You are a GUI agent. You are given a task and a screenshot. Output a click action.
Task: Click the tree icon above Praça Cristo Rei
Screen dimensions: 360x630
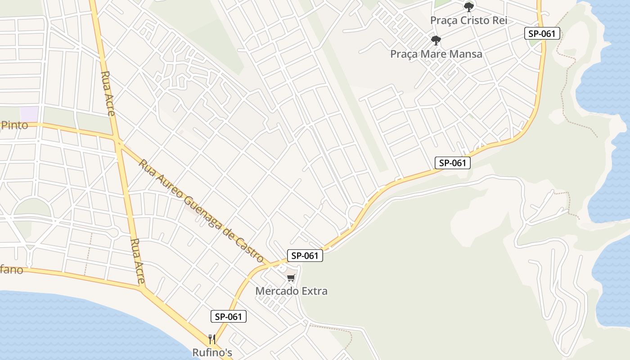(469, 7)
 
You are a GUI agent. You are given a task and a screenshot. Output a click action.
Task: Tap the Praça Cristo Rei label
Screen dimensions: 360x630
(468, 21)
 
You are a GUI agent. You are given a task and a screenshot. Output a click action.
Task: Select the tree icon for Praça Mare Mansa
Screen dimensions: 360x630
(436, 40)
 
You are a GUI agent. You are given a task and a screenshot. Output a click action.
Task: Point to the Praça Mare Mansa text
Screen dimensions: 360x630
(436, 54)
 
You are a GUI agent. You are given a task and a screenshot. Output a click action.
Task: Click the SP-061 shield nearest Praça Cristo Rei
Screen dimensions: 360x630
(542, 33)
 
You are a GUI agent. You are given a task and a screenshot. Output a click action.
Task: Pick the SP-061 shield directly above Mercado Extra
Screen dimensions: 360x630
(305, 256)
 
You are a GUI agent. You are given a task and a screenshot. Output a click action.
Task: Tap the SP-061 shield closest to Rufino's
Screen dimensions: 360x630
(229, 316)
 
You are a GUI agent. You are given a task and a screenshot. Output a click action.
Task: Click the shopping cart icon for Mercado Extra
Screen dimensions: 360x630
(291, 278)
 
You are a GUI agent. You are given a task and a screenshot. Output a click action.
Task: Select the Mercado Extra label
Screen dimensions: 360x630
(291, 291)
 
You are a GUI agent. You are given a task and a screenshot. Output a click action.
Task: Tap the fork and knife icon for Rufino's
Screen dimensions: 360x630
(212, 339)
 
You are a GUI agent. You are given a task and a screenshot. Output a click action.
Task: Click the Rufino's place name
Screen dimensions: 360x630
(212, 352)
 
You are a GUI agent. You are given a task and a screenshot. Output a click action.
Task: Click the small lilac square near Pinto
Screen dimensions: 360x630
(30, 113)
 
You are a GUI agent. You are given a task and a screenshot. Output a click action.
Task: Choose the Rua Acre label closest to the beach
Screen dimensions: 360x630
(137, 261)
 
